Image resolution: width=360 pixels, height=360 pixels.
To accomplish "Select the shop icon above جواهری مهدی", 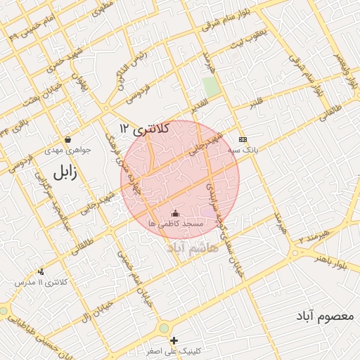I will [67, 139].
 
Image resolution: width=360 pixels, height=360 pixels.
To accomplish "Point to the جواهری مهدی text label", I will [67, 150].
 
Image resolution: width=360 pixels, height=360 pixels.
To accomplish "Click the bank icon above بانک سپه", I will [243, 139].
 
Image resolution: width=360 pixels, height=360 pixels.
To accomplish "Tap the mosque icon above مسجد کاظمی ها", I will [175, 213].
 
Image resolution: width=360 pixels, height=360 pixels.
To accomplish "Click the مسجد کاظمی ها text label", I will [175, 224].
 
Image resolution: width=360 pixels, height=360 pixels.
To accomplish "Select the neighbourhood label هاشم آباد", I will [191, 248].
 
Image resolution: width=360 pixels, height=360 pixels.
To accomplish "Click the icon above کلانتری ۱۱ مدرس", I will [41, 271].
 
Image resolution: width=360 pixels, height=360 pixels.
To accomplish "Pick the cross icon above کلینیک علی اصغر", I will [174, 340].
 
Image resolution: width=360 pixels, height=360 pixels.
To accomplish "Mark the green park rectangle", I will [211, 87].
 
